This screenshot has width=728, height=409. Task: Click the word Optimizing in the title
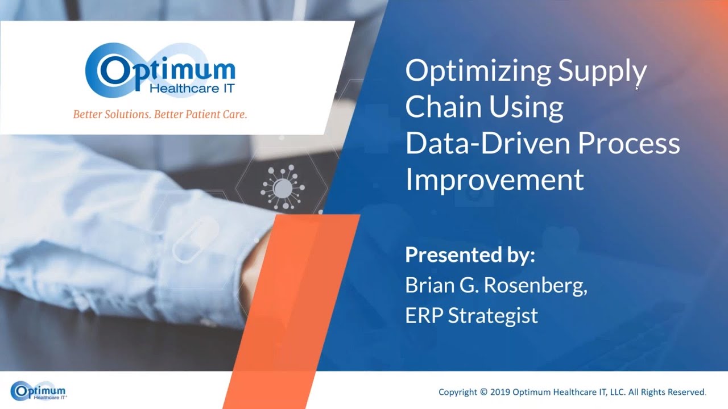(x=478, y=72)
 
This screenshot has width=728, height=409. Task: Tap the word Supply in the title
(x=602, y=72)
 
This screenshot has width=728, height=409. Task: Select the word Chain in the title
(x=441, y=107)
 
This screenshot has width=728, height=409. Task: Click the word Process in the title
(x=629, y=143)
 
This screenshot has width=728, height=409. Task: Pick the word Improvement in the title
(x=494, y=179)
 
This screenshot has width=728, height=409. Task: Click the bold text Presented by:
(x=470, y=255)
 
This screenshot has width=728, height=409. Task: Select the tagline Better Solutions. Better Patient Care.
(x=160, y=114)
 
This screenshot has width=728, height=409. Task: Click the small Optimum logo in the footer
(x=38, y=391)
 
